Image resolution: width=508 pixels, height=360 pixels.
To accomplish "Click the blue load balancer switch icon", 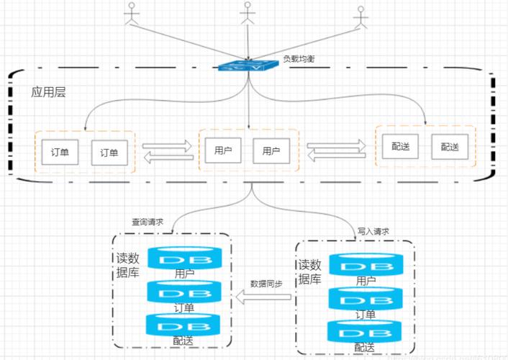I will tap(248, 66).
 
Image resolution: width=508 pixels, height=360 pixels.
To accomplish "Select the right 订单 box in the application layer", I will tap(109, 152).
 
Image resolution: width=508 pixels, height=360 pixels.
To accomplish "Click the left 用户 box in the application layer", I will tap(223, 151).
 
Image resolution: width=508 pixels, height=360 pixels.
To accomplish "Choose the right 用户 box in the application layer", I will tap(271, 151).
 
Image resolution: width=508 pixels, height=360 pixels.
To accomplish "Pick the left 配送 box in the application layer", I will tap(400, 146).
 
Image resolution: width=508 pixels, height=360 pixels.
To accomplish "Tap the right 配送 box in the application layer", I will tap(449, 146).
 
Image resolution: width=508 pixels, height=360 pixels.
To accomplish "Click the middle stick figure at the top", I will tap(248, 14).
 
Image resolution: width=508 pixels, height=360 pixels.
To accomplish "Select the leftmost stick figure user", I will tap(131, 16).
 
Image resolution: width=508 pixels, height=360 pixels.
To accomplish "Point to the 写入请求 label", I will tap(373, 231).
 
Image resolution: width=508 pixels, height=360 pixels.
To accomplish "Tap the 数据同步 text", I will tap(266, 283).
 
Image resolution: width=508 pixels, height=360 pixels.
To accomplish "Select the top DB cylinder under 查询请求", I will tap(184, 258).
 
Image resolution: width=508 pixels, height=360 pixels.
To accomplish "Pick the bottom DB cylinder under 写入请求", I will tap(364, 331).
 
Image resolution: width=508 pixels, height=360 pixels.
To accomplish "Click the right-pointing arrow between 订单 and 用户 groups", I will tap(168, 146).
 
